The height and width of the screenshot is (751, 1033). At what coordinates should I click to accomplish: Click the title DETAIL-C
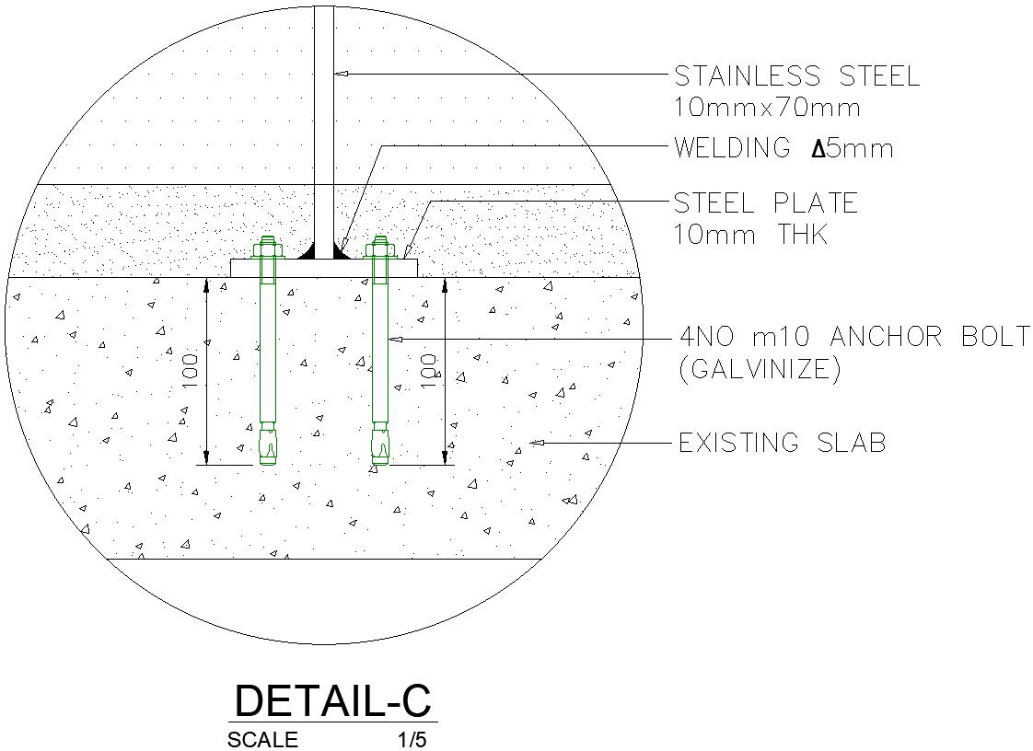[x=332, y=700]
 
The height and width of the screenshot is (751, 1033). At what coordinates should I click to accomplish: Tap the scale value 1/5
[x=412, y=740]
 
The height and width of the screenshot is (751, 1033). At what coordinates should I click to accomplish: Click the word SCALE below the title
[x=262, y=740]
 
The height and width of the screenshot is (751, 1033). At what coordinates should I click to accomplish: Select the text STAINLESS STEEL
[x=796, y=75]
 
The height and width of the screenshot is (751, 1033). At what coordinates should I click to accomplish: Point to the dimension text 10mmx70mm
[x=767, y=108]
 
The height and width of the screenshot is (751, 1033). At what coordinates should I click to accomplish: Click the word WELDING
[x=732, y=147]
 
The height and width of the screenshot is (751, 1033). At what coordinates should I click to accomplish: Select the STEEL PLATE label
[x=765, y=202]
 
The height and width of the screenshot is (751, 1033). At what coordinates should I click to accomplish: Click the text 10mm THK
[x=750, y=235]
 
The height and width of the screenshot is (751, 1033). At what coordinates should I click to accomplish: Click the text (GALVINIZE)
[x=760, y=369]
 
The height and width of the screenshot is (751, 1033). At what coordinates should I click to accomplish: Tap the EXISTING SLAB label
[x=782, y=443]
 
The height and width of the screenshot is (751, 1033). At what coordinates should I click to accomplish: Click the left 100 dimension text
[x=191, y=371]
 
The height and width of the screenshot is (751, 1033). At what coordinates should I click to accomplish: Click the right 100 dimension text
[x=429, y=371]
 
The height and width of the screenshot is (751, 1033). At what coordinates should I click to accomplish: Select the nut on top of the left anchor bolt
[x=267, y=247]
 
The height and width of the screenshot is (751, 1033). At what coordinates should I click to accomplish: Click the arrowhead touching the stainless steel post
[x=341, y=73]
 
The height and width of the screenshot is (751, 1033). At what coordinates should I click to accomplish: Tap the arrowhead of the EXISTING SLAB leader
[x=535, y=443]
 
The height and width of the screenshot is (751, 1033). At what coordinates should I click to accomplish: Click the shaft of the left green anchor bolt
[x=267, y=350]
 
